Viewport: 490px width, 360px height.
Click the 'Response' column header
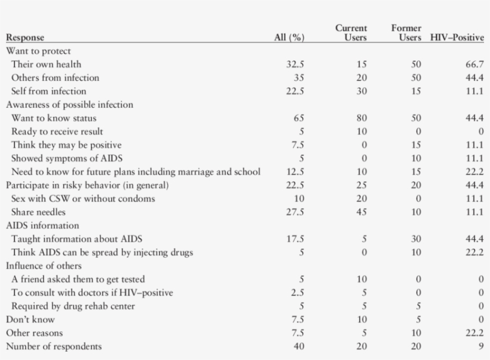[25, 38]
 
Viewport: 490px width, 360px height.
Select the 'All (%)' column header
[289, 38]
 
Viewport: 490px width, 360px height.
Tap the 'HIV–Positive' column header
[457, 38]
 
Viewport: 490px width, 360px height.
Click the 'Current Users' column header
[351, 33]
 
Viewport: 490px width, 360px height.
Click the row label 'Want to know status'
[54, 118]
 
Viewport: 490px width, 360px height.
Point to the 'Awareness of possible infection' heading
[69, 105]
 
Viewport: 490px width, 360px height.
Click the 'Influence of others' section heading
[44, 266]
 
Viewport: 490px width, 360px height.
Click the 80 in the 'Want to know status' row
[362, 118]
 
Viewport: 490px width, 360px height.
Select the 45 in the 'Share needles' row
[362, 212]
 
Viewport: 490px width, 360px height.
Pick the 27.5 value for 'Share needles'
[295, 212]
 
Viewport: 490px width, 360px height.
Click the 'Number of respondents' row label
[54, 347]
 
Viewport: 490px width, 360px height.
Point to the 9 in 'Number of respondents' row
[480, 347]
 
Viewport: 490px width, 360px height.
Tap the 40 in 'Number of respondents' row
[299, 347]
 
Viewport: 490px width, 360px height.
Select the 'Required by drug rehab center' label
[73, 306]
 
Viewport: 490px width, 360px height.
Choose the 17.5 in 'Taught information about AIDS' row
[295, 239]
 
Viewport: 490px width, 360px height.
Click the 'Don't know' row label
[30, 320]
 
